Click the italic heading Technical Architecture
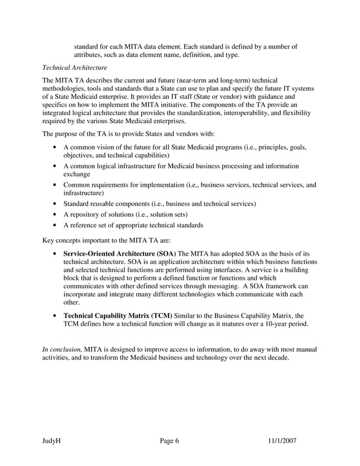(x=74, y=68)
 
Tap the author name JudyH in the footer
(x=52, y=441)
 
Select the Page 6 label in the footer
(x=169, y=441)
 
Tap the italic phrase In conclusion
(x=62, y=349)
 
